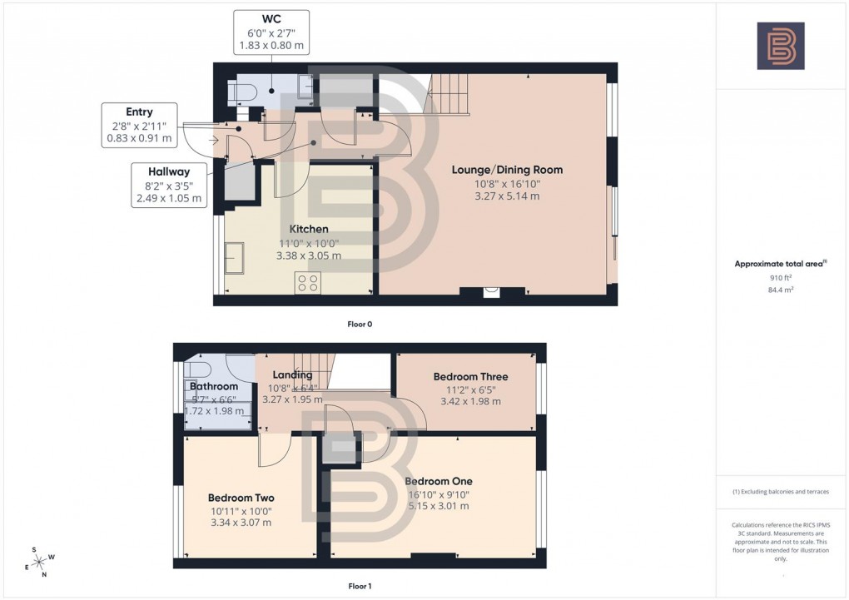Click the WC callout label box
coord(271,32)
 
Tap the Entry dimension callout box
coord(139,125)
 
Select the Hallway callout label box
coord(169,185)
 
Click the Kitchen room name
coord(308,229)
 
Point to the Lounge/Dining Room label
coord(507,170)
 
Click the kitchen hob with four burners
coord(307,283)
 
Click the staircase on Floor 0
coord(449,93)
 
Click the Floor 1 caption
coord(360,587)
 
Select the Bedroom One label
coord(438,481)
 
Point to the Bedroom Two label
coord(239,498)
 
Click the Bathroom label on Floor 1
coord(214,386)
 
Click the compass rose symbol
coord(39,561)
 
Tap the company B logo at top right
coord(780,46)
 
